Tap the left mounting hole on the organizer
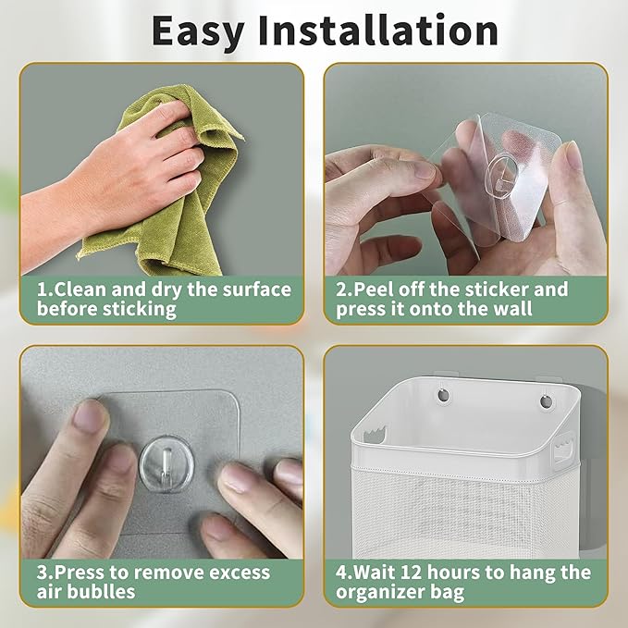pyautogui.click(x=442, y=395)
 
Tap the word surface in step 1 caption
pyautogui.click(x=250, y=289)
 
